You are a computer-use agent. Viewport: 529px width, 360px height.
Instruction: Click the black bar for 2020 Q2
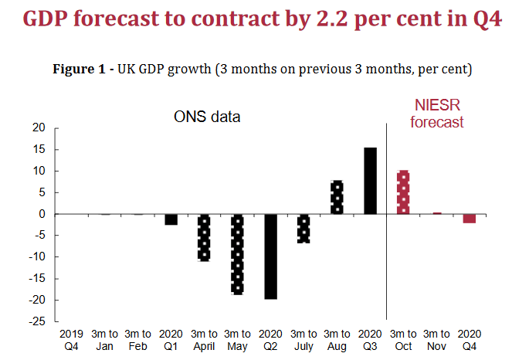tap(270, 256)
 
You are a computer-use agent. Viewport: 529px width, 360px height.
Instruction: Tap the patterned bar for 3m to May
tap(237, 254)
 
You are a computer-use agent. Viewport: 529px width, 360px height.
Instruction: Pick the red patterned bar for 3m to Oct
tap(402, 192)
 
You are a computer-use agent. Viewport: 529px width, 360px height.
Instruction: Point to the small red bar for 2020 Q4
tap(469, 219)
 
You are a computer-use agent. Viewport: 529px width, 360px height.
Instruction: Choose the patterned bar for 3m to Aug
tap(337, 198)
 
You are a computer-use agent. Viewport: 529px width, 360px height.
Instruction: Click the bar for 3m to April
tap(204, 237)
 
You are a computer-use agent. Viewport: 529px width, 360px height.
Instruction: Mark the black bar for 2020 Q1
tap(171, 219)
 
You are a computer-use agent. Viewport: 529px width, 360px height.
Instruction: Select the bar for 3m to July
tap(303, 229)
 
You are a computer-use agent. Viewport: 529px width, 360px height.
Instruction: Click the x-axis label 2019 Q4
tap(72, 339)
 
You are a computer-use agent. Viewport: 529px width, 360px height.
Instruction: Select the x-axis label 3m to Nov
tap(436, 339)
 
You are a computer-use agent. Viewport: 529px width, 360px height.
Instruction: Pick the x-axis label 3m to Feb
tap(138, 339)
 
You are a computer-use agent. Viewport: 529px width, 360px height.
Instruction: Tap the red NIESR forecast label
tap(437, 114)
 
